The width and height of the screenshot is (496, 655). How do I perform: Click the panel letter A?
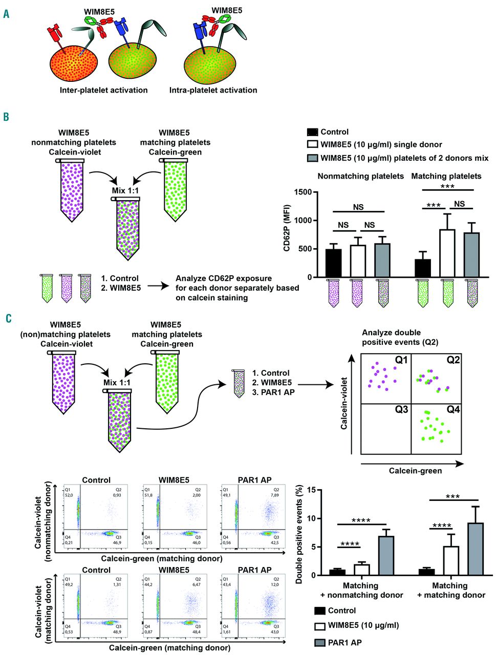(6, 14)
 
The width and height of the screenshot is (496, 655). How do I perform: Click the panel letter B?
(6, 117)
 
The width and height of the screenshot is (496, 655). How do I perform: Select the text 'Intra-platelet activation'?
(213, 90)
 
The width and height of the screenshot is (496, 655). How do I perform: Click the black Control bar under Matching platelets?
(422, 268)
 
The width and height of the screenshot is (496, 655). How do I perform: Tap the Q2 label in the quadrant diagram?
(453, 360)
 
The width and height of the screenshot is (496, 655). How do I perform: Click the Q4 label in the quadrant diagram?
(453, 409)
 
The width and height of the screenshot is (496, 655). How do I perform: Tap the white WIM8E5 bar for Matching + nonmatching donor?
(362, 569)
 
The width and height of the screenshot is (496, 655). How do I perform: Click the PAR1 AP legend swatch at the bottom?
(319, 642)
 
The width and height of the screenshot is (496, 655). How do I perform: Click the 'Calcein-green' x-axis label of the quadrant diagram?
(415, 471)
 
